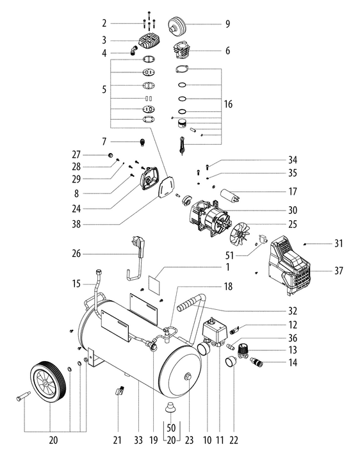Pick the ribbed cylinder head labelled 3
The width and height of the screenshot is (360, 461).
pos(153,44)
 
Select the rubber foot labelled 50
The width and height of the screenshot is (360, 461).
pos(171,408)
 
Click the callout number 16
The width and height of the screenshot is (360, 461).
pos(227,104)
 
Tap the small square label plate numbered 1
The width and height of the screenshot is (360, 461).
pos(153,280)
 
